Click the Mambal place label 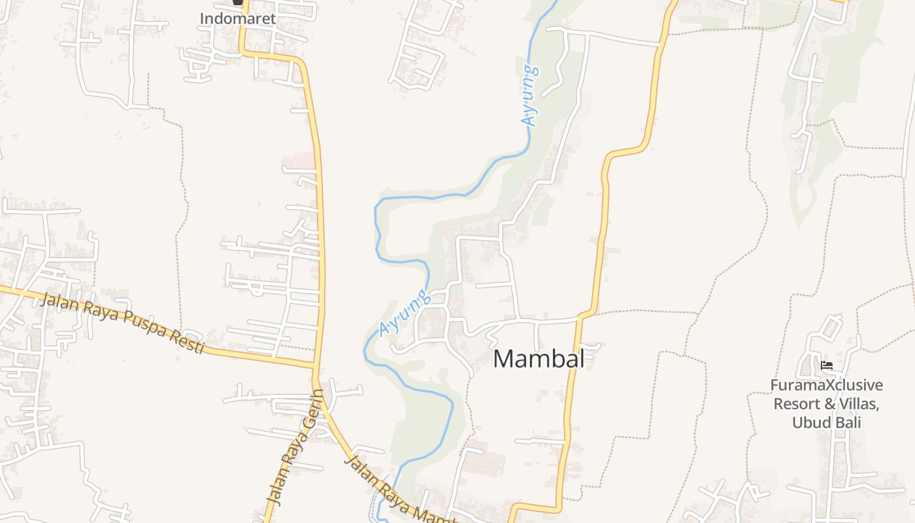(539, 358)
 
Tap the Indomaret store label (238, 18)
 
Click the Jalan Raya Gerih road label (295, 447)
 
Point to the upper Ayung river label (530, 95)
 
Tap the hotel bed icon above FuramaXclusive (827, 365)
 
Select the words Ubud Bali (827, 422)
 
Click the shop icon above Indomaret (238, 3)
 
